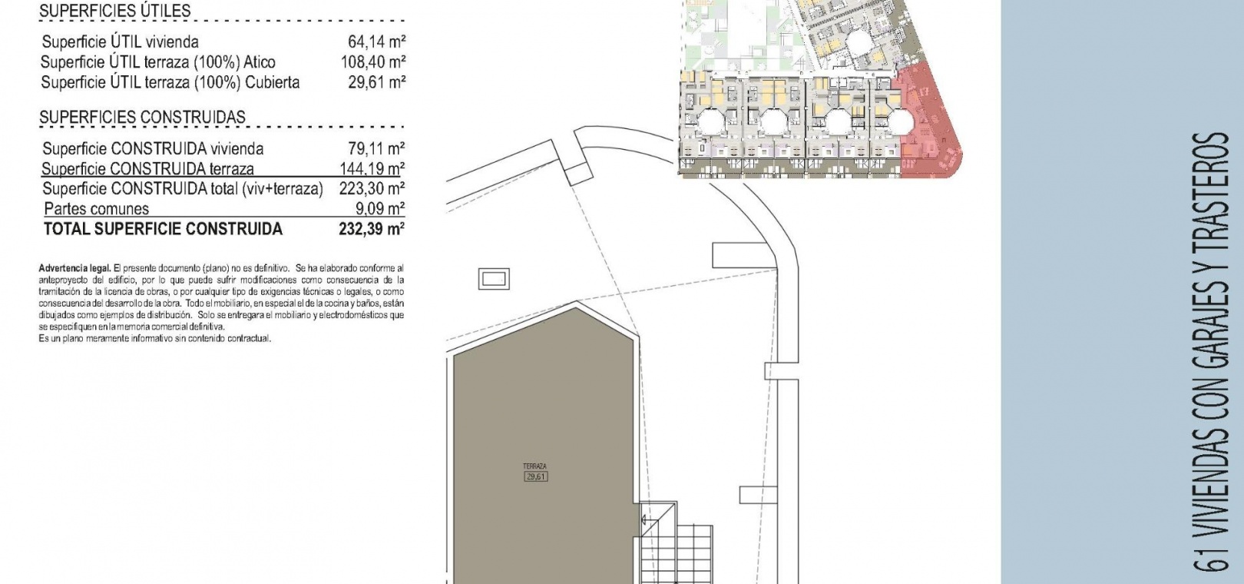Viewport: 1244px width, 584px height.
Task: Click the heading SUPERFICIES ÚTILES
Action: [x=115, y=11]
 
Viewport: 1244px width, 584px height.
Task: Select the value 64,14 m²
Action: [x=376, y=41]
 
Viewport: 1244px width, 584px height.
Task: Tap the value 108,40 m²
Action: [x=372, y=61]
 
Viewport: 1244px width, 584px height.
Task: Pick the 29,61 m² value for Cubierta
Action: [x=376, y=82]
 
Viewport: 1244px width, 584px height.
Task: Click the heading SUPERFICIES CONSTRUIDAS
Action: [x=142, y=118]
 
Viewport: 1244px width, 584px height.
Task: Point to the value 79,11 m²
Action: [x=376, y=148]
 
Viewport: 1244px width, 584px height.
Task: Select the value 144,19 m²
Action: [x=372, y=168]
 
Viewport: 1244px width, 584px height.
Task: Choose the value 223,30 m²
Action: [x=372, y=188]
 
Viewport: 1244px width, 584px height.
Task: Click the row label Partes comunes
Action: [x=97, y=209]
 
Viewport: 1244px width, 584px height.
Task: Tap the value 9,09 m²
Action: [x=380, y=209]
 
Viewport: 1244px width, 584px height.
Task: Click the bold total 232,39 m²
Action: [x=372, y=229]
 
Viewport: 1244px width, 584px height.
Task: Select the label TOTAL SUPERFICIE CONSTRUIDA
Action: [x=164, y=229]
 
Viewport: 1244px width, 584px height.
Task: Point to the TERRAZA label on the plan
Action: [x=534, y=466]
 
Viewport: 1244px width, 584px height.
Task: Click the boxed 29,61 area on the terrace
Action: [x=536, y=476]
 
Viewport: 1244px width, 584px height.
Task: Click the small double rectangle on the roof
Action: [x=494, y=279]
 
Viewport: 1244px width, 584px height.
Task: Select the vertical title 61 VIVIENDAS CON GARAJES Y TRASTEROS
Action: [x=1211, y=352]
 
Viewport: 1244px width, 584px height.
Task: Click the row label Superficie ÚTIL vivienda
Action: [x=120, y=41]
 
